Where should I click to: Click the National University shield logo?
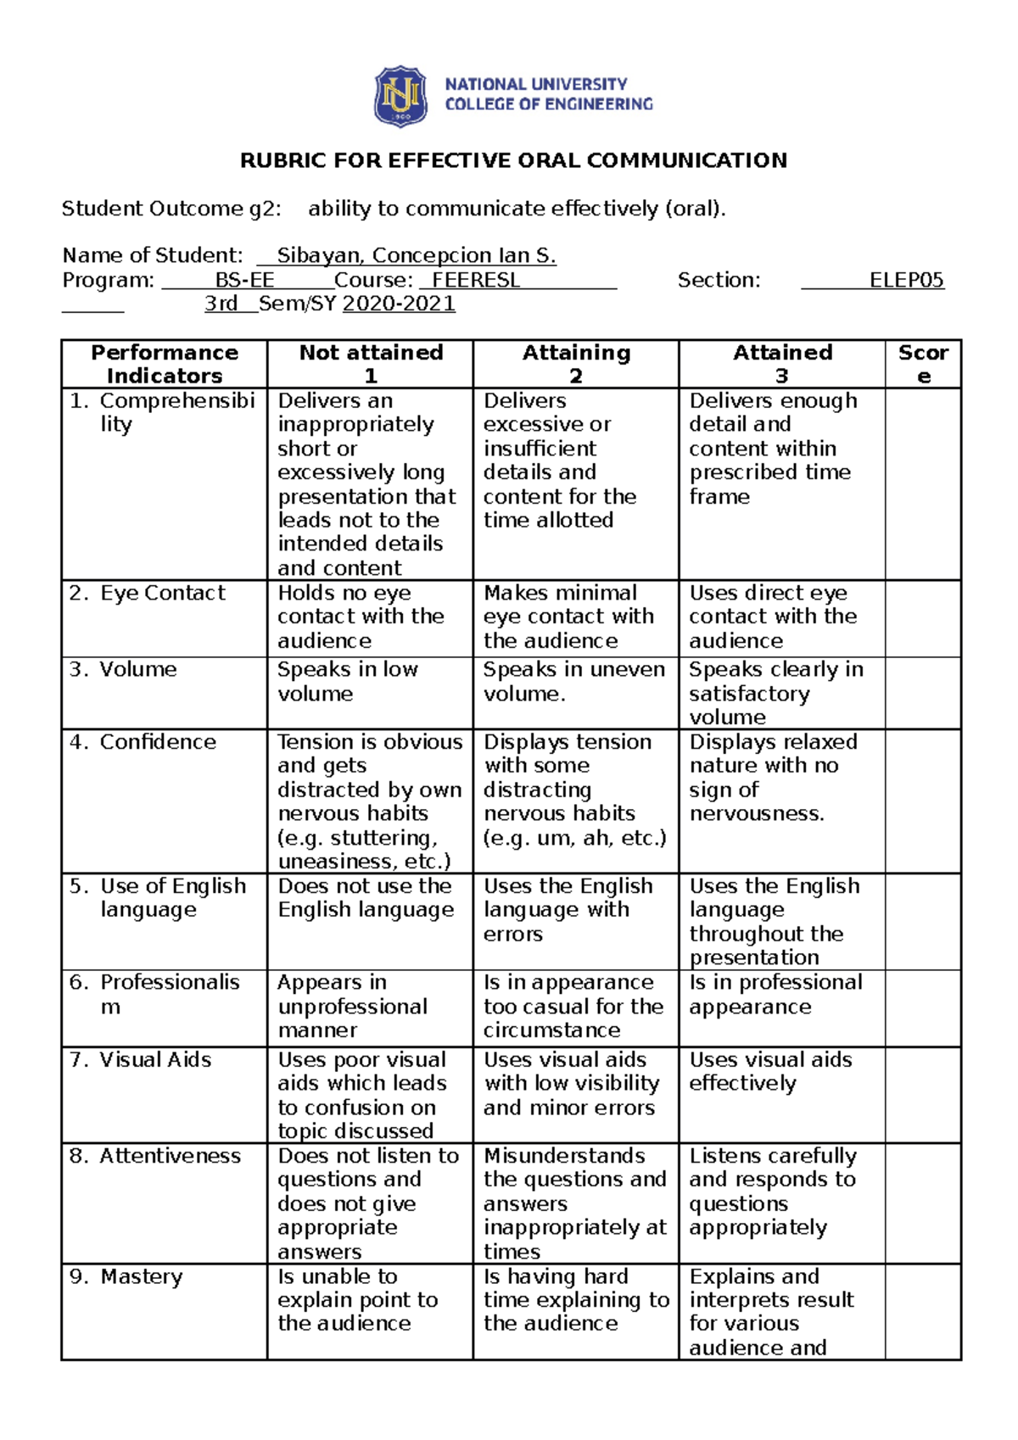[x=400, y=96]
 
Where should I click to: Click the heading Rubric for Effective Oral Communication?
[x=513, y=160]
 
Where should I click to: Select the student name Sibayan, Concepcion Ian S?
[x=417, y=255]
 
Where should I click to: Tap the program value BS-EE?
[x=244, y=280]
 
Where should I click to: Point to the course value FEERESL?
[x=476, y=280]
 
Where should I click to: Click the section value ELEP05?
[x=906, y=280]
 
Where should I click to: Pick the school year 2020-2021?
[x=399, y=304]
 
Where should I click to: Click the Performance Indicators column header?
[x=165, y=364]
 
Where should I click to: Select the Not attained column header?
[x=371, y=364]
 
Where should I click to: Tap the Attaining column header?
[x=576, y=364]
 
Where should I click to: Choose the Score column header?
[x=923, y=364]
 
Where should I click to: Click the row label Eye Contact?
[x=162, y=593]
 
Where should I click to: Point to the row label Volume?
[x=137, y=669]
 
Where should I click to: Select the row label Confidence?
[x=158, y=742]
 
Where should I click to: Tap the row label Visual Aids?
[x=155, y=1059]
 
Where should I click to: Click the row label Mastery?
[x=141, y=1276]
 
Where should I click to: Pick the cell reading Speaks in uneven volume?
[x=574, y=681]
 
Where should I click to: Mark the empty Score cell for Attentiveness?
[x=923, y=1203]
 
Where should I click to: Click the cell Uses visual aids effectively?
[x=770, y=1071]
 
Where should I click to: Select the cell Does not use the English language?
[x=366, y=898]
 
